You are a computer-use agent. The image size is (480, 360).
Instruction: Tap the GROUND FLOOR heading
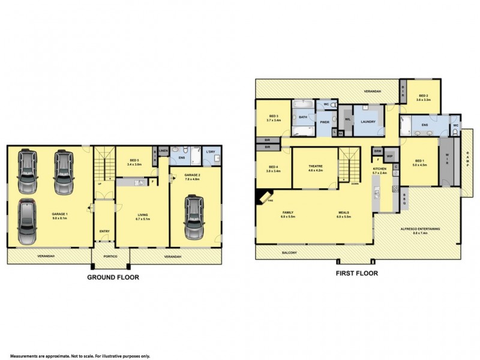pyautogui.click(x=113, y=277)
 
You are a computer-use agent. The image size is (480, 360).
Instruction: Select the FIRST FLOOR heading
pyautogui.click(x=357, y=273)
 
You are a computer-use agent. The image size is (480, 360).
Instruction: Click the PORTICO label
pyautogui.click(x=104, y=257)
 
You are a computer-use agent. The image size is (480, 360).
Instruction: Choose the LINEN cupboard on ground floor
pyautogui.click(x=163, y=151)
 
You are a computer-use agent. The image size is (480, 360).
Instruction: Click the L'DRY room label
pyautogui.click(x=210, y=151)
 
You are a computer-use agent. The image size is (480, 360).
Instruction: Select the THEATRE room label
pyautogui.click(x=316, y=166)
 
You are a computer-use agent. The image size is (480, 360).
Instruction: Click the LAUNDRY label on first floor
pyautogui.click(x=368, y=122)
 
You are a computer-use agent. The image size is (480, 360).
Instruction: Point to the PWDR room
pyautogui.click(x=325, y=122)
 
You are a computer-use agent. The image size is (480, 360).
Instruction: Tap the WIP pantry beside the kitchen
pyautogui.click(x=389, y=157)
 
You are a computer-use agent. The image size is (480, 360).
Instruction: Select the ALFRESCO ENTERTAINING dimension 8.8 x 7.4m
pyautogui.click(x=421, y=233)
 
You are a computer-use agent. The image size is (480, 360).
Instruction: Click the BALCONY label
pyautogui.click(x=290, y=253)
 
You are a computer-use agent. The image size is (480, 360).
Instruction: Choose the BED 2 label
pyautogui.click(x=423, y=96)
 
